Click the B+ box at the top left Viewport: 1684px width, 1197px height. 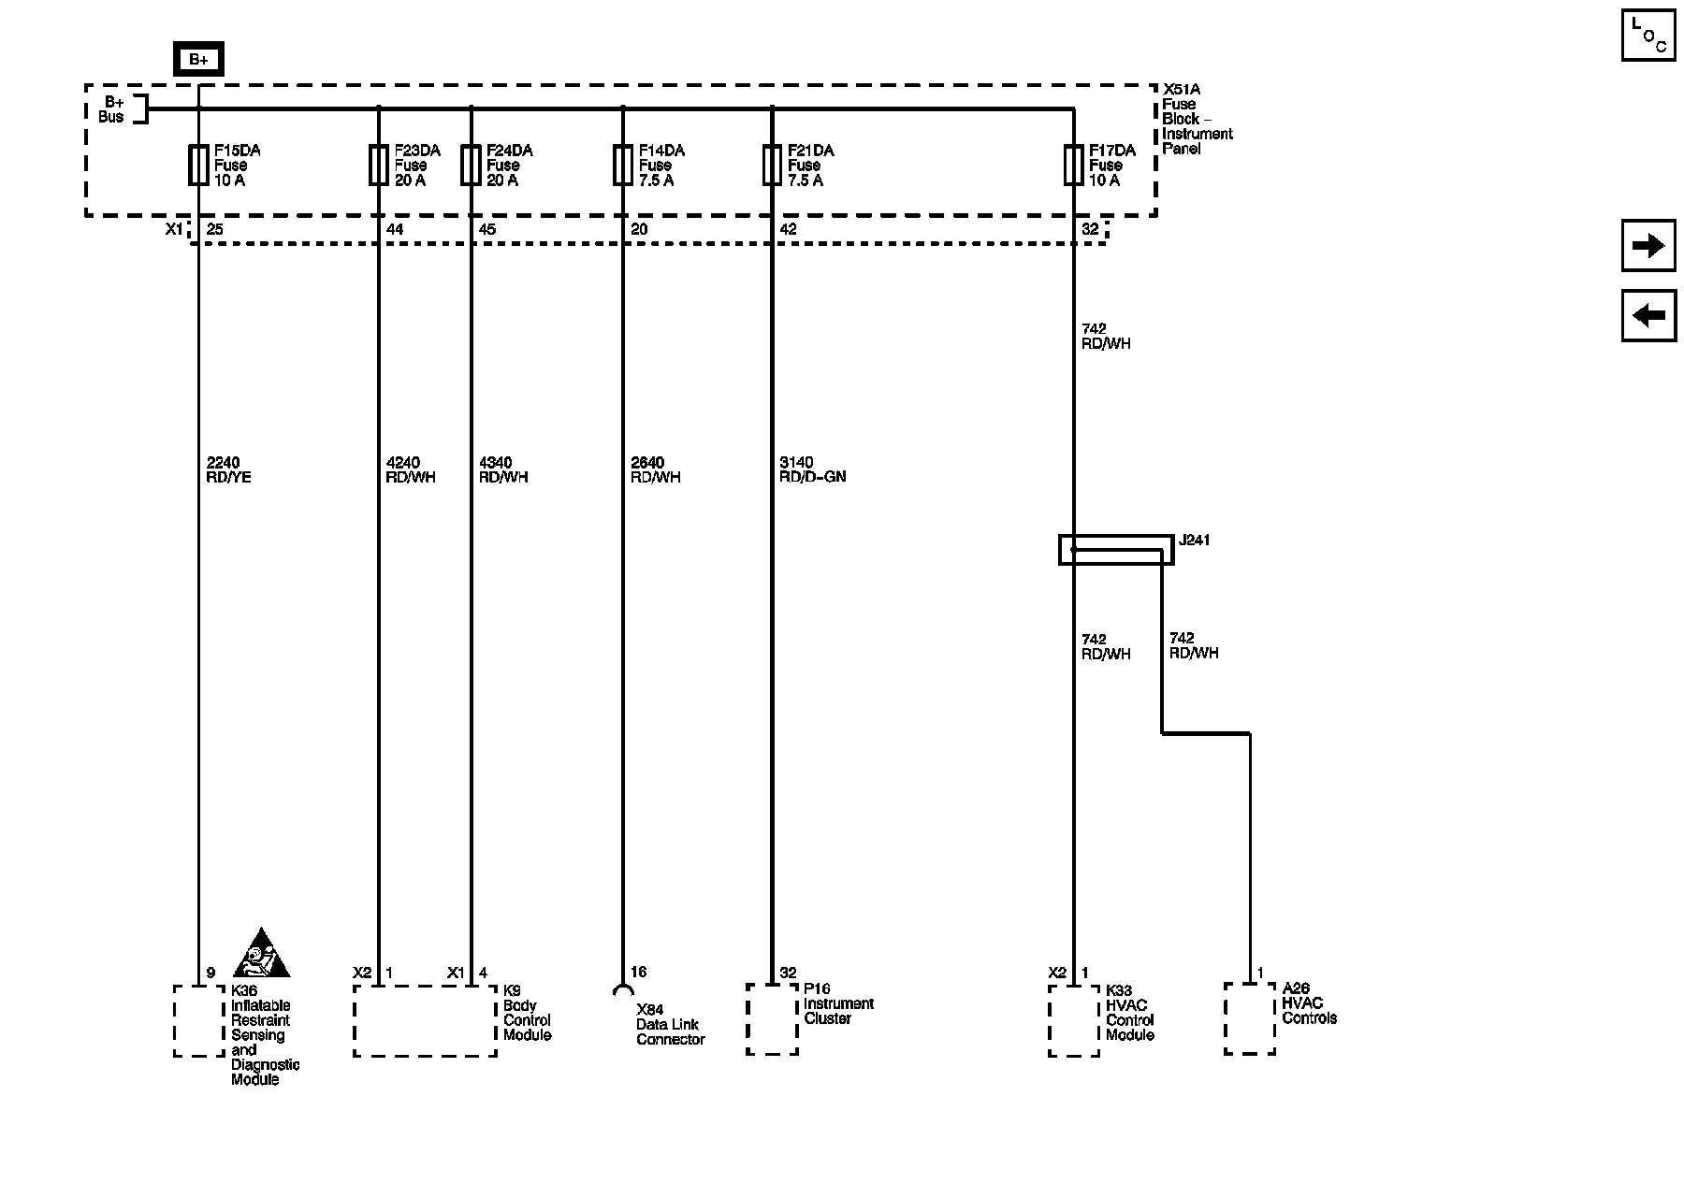[x=198, y=60]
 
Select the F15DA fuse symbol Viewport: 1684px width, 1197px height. [x=198, y=166]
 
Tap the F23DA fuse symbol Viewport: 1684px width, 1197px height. [x=378, y=166]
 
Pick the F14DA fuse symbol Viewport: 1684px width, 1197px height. [x=623, y=166]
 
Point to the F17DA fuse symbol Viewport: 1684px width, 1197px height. [x=1073, y=166]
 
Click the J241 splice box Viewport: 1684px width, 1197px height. [x=1115, y=550]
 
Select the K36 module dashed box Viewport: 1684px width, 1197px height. [x=198, y=1020]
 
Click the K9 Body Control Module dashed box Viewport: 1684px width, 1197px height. [x=425, y=1020]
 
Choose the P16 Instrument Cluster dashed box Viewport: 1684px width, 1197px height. [x=772, y=1019]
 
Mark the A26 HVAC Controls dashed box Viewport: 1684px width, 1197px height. [x=1249, y=1018]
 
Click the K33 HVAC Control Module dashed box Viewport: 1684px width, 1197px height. [x=1073, y=1020]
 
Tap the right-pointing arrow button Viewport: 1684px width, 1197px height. [x=1648, y=246]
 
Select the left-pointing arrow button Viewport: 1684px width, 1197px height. [x=1648, y=315]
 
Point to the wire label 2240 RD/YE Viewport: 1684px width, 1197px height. [x=228, y=469]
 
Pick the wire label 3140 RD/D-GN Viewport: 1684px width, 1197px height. [x=812, y=469]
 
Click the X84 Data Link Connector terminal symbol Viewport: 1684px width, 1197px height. [x=622, y=990]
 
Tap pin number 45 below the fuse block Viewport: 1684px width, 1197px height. [x=487, y=229]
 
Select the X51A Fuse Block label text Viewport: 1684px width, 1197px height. [x=1196, y=119]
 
